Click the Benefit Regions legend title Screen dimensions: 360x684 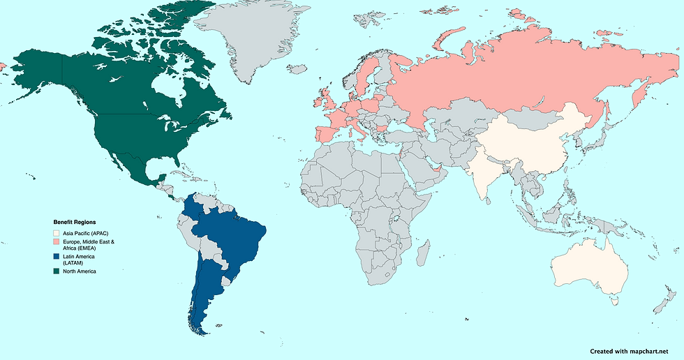point(75,222)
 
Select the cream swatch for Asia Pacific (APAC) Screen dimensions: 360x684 point(57,232)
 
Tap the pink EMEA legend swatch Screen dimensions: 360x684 point(57,241)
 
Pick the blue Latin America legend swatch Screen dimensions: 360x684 point(57,257)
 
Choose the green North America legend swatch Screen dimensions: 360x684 point(57,271)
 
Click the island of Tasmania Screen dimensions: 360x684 point(614,301)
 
